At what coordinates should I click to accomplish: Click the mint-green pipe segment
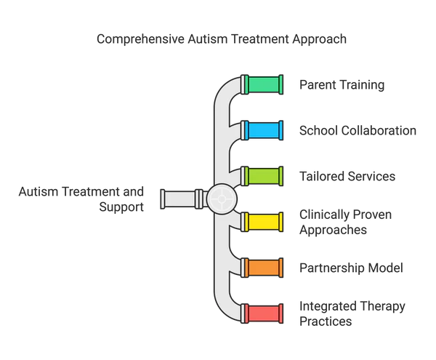pyautogui.click(x=262, y=84)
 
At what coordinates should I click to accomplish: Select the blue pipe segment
pyautogui.click(x=262, y=130)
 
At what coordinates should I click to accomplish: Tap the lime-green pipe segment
pyautogui.click(x=262, y=176)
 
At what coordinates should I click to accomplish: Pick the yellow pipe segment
pyautogui.click(x=262, y=222)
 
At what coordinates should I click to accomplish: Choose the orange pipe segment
pyautogui.click(x=262, y=268)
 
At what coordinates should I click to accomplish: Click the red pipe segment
pyautogui.click(x=262, y=313)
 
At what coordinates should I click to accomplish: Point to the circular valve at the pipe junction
pyautogui.click(x=221, y=198)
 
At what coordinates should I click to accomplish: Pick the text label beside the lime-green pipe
pyautogui.click(x=349, y=176)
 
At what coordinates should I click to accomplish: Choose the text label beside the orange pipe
pyautogui.click(x=341, y=268)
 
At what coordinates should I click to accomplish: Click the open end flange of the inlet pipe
pyautogui.click(x=163, y=198)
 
